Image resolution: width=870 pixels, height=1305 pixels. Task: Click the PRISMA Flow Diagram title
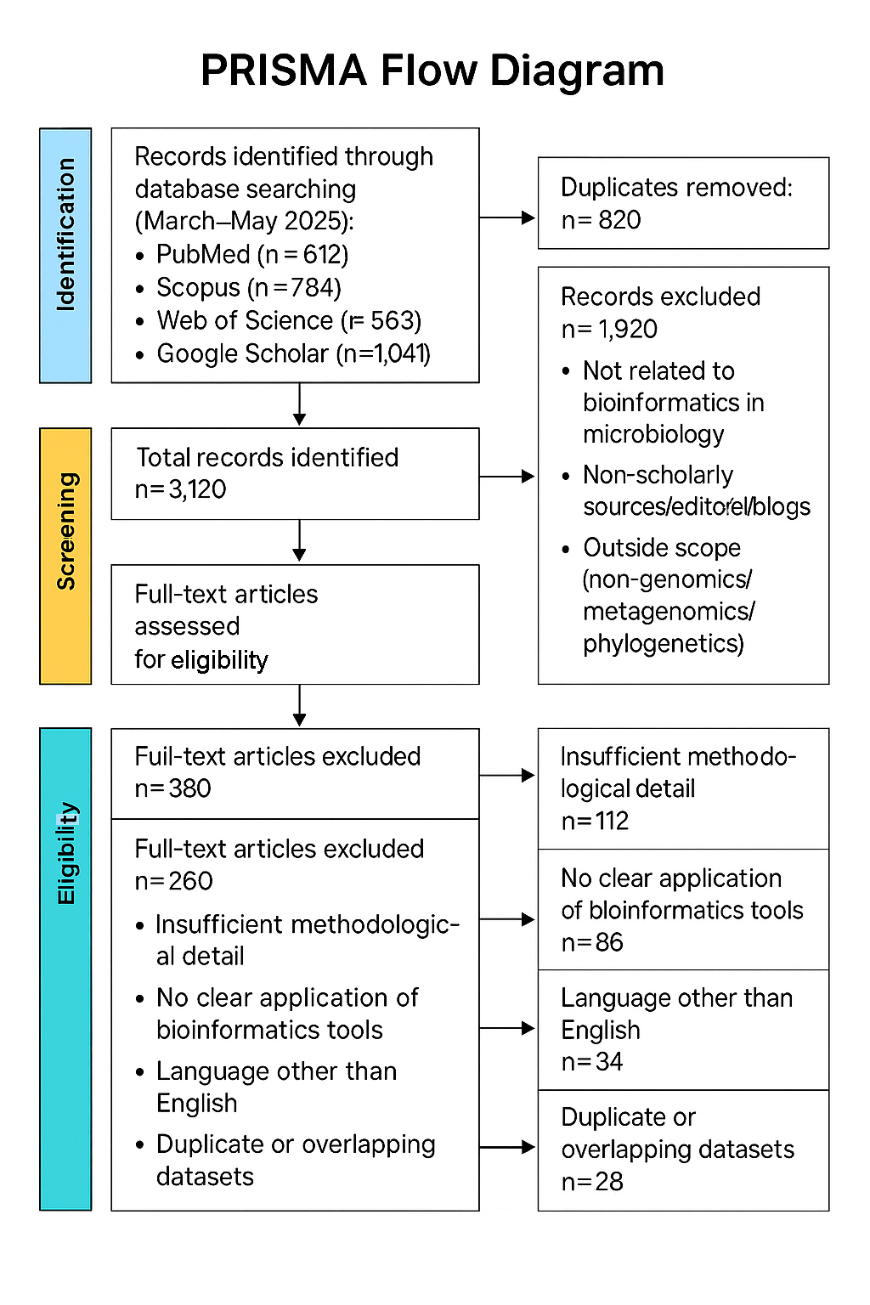tap(432, 71)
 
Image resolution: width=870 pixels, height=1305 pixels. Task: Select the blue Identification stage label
tap(65, 255)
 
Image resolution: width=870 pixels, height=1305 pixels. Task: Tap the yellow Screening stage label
tap(65, 556)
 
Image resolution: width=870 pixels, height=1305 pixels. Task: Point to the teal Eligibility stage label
tap(65, 969)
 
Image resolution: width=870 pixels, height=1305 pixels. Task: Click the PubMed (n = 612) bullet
tap(252, 255)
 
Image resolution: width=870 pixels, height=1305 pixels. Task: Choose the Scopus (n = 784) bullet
tap(249, 288)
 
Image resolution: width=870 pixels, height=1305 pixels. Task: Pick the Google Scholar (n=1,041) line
tap(293, 353)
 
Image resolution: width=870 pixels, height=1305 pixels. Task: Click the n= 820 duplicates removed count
tap(601, 220)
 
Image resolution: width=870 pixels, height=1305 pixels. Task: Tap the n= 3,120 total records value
tap(180, 489)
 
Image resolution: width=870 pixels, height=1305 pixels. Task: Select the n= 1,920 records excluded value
tap(609, 329)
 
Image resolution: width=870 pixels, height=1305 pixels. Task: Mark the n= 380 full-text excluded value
tap(172, 788)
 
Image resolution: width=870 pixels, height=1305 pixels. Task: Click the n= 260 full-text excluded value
tap(173, 881)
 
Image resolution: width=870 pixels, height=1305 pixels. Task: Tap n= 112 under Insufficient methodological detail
tap(595, 821)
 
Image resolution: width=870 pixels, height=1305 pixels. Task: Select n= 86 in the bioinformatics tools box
tap(592, 942)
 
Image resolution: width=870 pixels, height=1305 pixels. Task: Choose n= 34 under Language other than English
tap(592, 1062)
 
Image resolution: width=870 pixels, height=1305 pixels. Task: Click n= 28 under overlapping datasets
tap(592, 1182)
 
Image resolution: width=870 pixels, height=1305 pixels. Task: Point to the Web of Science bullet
tap(289, 321)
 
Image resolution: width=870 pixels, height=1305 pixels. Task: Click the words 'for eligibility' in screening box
tap(201, 660)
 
